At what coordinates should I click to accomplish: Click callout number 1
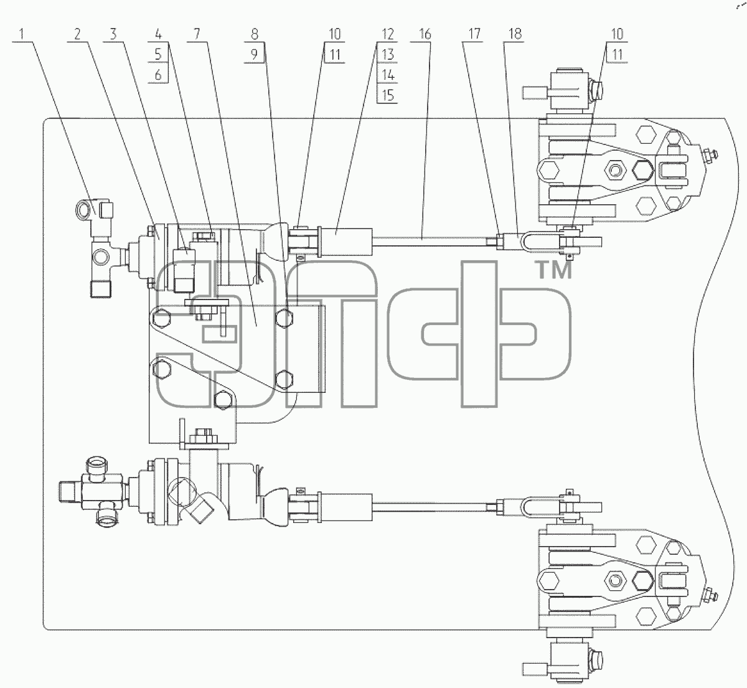pos(22,34)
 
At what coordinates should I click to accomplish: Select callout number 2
pos(77,34)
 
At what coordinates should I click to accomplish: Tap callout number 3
pos(113,34)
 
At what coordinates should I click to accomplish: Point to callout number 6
pos(158,75)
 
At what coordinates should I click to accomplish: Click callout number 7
pos(197,34)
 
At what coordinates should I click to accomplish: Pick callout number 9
pos(255,54)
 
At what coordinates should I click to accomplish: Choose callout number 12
pos(388,34)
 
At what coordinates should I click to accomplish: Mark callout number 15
pos(388,95)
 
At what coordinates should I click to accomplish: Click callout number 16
pos(425,34)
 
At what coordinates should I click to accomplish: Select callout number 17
pos(474,34)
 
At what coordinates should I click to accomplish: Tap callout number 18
pos(515,34)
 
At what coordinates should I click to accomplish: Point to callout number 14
pos(388,75)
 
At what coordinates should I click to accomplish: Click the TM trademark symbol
pos(555,270)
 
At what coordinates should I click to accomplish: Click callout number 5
pos(158,54)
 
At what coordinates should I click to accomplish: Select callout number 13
pos(388,54)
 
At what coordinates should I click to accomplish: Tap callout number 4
pos(158,34)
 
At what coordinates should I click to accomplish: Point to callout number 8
pos(255,34)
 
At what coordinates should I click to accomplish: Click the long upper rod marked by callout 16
pos(430,242)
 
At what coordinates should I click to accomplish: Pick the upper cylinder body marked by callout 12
pos(346,242)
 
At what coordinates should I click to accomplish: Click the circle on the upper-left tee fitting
pos(101,256)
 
